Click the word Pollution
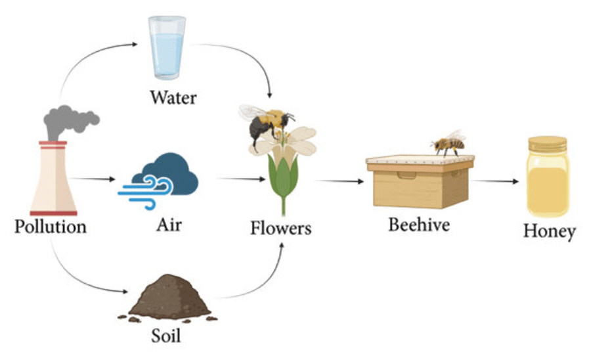click(x=51, y=227)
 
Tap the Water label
click(x=173, y=99)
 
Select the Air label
click(x=169, y=225)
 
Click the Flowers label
click(x=280, y=229)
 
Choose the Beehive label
click(x=419, y=225)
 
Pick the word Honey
click(x=549, y=231)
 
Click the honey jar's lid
click(x=547, y=143)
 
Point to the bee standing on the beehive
click(x=449, y=143)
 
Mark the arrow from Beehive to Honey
click(x=496, y=181)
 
